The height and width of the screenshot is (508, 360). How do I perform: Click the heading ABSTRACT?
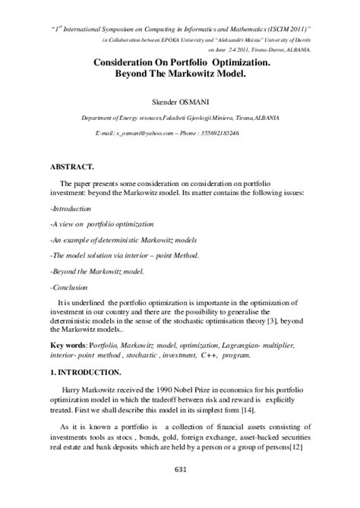pos(74,165)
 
